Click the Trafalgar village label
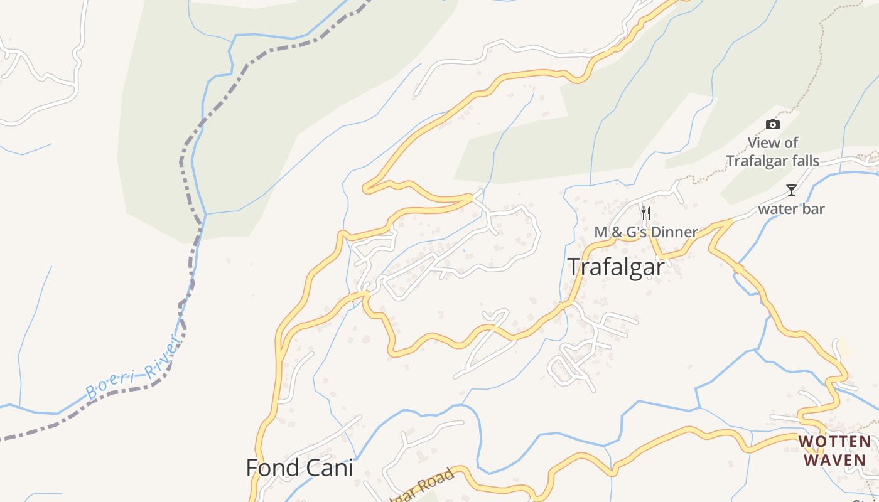point(616,267)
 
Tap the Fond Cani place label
point(299,467)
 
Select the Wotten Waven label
point(834,451)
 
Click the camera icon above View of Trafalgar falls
point(773,124)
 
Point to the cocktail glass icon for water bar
point(791,190)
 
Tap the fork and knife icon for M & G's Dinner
point(645,213)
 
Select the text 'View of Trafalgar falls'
point(772,152)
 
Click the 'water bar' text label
point(791,209)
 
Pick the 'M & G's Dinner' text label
point(645,232)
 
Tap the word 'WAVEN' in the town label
point(834,459)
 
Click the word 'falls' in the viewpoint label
point(803,161)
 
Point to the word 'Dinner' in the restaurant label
point(674,232)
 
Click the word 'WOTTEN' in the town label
point(834,442)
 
